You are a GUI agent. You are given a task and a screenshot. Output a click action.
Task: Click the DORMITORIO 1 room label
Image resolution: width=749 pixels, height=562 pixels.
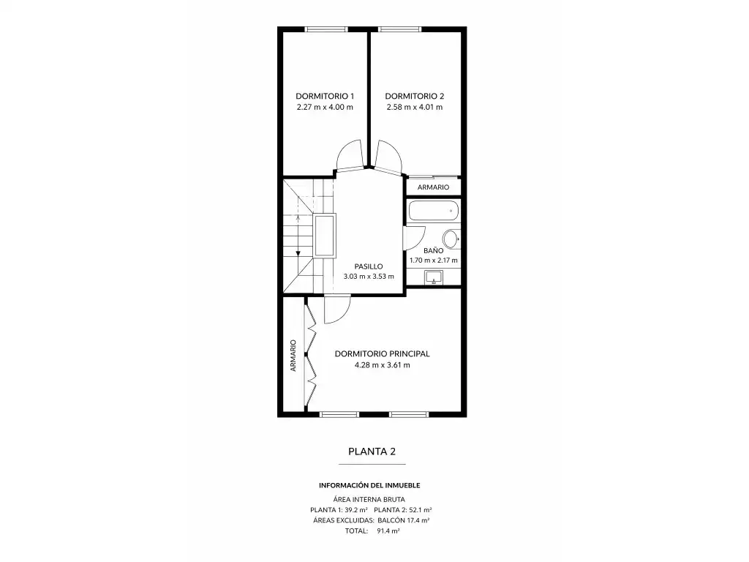(325, 96)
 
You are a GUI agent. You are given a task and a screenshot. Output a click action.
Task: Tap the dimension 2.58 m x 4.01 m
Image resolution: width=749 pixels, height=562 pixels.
(415, 107)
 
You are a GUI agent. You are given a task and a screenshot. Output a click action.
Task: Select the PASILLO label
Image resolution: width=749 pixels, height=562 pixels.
(369, 266)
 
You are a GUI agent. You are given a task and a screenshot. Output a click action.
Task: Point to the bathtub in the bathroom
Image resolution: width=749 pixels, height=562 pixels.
(434, 211)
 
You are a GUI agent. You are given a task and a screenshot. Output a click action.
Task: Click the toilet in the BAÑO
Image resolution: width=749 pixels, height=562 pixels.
(451, 239)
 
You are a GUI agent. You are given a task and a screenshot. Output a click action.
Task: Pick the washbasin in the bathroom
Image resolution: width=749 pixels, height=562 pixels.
(434, 277)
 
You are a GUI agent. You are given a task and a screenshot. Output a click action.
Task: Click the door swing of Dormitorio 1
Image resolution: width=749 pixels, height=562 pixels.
(350, 155)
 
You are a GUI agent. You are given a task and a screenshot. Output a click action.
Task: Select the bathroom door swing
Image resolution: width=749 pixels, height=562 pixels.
(414, 237)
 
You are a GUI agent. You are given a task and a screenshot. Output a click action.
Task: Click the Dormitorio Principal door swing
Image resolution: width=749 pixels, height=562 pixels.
(337, 310)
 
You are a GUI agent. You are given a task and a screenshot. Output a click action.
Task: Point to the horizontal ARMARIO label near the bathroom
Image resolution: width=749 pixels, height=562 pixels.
(433, 187)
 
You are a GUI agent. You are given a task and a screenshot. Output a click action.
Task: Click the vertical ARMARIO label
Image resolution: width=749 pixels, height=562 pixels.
(293, 356)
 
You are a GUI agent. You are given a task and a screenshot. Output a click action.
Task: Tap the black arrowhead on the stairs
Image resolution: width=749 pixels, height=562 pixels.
(298, 252)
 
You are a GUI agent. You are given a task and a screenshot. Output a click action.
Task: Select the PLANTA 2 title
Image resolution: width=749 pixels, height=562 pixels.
(372, 452)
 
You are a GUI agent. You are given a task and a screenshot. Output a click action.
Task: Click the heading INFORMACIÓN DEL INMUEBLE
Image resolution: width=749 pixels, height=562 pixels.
(369, 485)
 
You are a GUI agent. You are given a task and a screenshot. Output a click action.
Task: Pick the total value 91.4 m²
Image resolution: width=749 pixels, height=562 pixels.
(388, 531)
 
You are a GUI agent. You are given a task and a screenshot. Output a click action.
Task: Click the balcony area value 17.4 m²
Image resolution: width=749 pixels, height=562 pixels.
(418, 520)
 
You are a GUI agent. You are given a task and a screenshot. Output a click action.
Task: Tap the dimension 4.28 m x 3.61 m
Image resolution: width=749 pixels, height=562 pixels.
(382, 365)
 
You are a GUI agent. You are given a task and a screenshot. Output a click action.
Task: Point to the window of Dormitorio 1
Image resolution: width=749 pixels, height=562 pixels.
(326, 29)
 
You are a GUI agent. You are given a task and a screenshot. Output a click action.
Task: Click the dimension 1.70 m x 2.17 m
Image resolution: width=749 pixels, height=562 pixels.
(433, 261)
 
